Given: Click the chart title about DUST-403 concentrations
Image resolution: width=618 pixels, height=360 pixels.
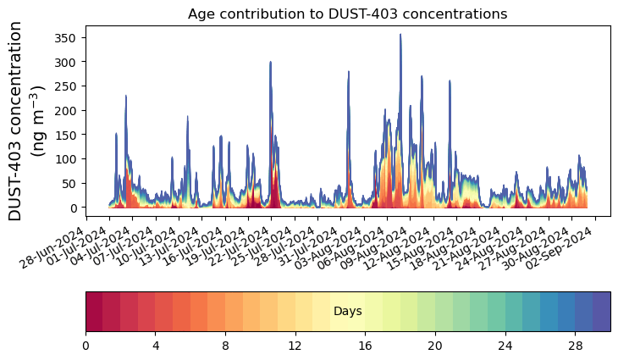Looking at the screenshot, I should point(347,14).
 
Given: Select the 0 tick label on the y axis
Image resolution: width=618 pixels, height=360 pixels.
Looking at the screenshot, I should point(75,208).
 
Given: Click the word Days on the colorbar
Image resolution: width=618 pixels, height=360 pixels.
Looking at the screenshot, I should point(347,312).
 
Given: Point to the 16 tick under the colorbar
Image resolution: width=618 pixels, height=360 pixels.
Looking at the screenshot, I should point(365,346).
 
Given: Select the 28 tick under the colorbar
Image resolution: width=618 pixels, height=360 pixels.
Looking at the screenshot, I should point(575,346).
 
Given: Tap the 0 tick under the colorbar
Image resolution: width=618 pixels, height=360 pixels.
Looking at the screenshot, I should point(86,346).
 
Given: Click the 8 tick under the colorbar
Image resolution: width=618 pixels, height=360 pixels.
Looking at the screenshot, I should point(225,346).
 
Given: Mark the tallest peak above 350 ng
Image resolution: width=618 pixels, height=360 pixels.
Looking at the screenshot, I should point(400,36).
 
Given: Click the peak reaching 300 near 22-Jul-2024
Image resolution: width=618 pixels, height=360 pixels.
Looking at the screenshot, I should point(271,63).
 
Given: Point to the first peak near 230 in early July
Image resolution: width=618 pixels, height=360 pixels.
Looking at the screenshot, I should point(126,97).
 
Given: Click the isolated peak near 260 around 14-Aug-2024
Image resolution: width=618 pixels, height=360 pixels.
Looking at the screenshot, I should point(450,81).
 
